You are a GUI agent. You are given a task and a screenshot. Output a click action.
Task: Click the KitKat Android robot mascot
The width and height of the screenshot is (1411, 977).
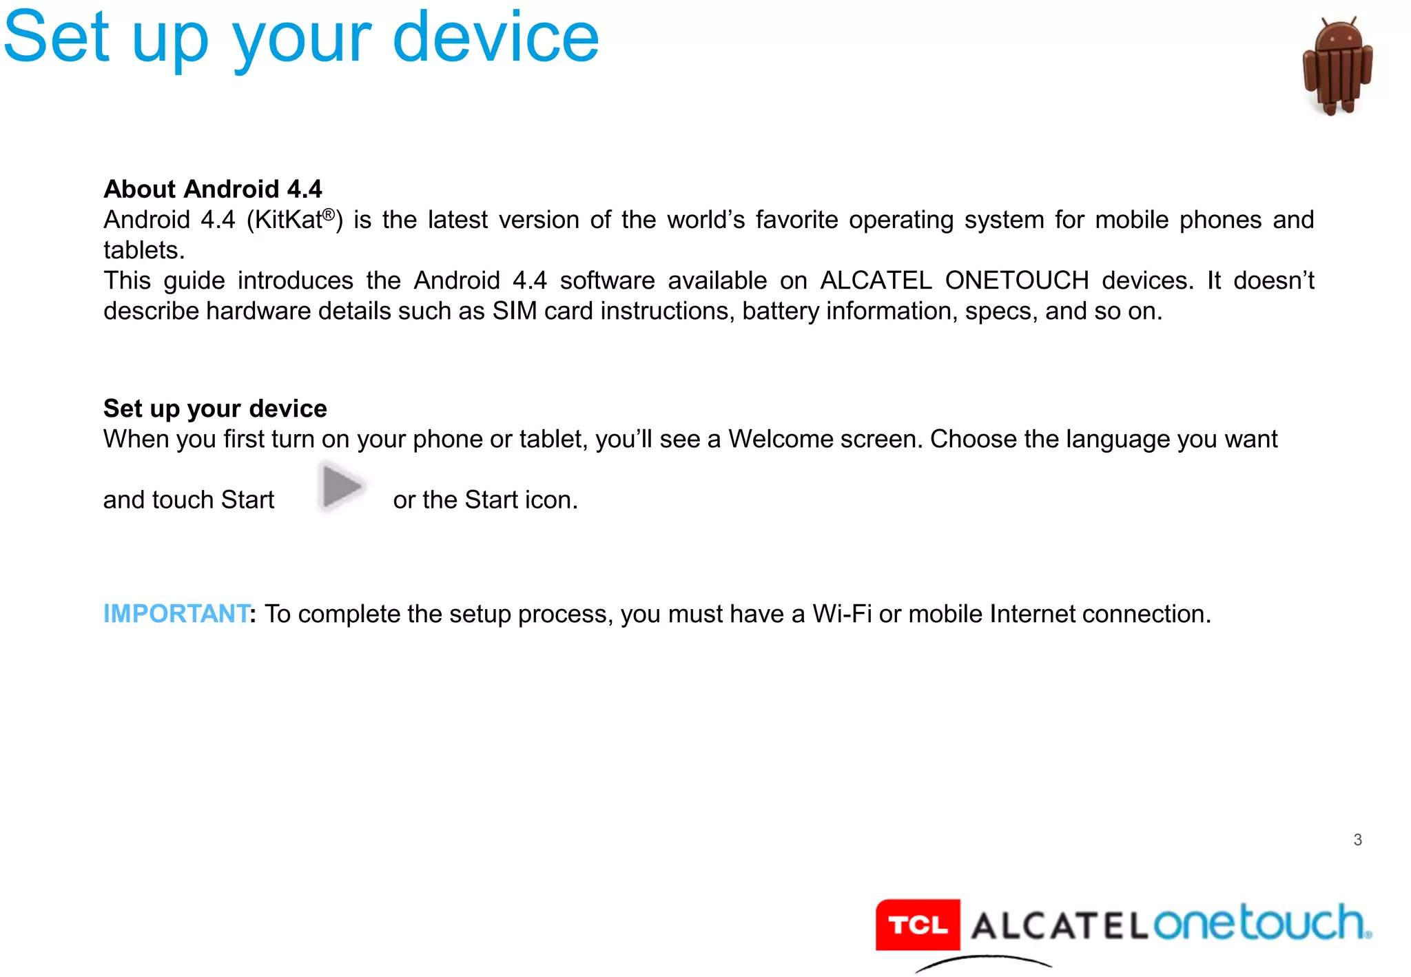(x=1337, y=67)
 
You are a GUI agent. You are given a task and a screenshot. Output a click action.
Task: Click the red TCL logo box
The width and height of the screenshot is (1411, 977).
(x=918, y=925)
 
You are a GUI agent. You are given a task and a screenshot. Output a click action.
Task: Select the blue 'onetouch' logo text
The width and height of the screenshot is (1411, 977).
(x=1261, y=923)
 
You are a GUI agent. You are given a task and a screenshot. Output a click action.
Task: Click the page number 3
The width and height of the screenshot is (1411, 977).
(x=1357, y=840)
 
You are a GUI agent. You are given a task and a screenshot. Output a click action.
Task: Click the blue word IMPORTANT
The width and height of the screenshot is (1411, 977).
(x=176, y=614)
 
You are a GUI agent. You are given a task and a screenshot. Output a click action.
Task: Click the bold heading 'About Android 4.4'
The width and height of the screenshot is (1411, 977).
(x=212, y=189)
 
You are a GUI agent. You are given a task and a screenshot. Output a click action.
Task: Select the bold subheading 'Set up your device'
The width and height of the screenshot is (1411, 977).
(x=215, y=409)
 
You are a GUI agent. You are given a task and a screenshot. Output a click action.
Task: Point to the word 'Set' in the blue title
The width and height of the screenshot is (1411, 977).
(x=56, y=38)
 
